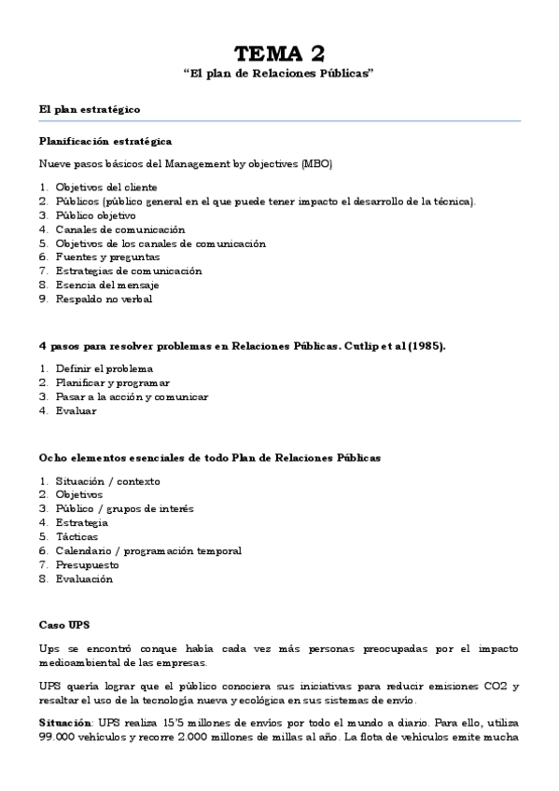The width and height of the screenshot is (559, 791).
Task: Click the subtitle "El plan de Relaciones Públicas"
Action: (x=279, y=74)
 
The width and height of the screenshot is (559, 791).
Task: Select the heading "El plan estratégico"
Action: (x=90, y=109)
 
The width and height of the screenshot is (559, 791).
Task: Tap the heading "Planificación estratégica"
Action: (x=105, y=141)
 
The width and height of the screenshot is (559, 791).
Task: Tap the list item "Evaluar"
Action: (x=75, y=410)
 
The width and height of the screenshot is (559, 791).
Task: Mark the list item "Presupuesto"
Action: (x=87, y=565)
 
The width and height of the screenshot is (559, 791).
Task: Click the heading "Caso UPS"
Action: (x=63, y=622)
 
